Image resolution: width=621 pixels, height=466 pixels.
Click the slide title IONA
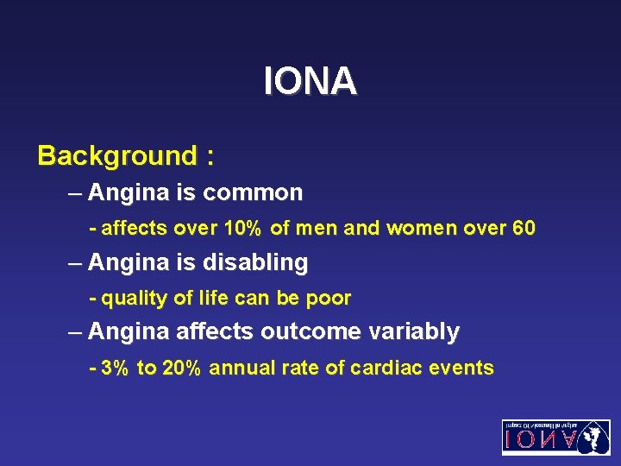(310, 82)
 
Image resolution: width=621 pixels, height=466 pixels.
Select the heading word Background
(117, 156)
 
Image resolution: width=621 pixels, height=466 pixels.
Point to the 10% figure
(243, 230)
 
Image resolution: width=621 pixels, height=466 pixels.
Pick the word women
(419, 230)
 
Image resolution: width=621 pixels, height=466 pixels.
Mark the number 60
(523, 230)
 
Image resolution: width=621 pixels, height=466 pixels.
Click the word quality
(134, 299)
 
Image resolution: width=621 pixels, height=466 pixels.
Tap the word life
(208, 299)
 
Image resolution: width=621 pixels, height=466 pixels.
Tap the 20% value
(181, 368)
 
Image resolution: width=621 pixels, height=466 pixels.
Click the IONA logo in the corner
(555, 437)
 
